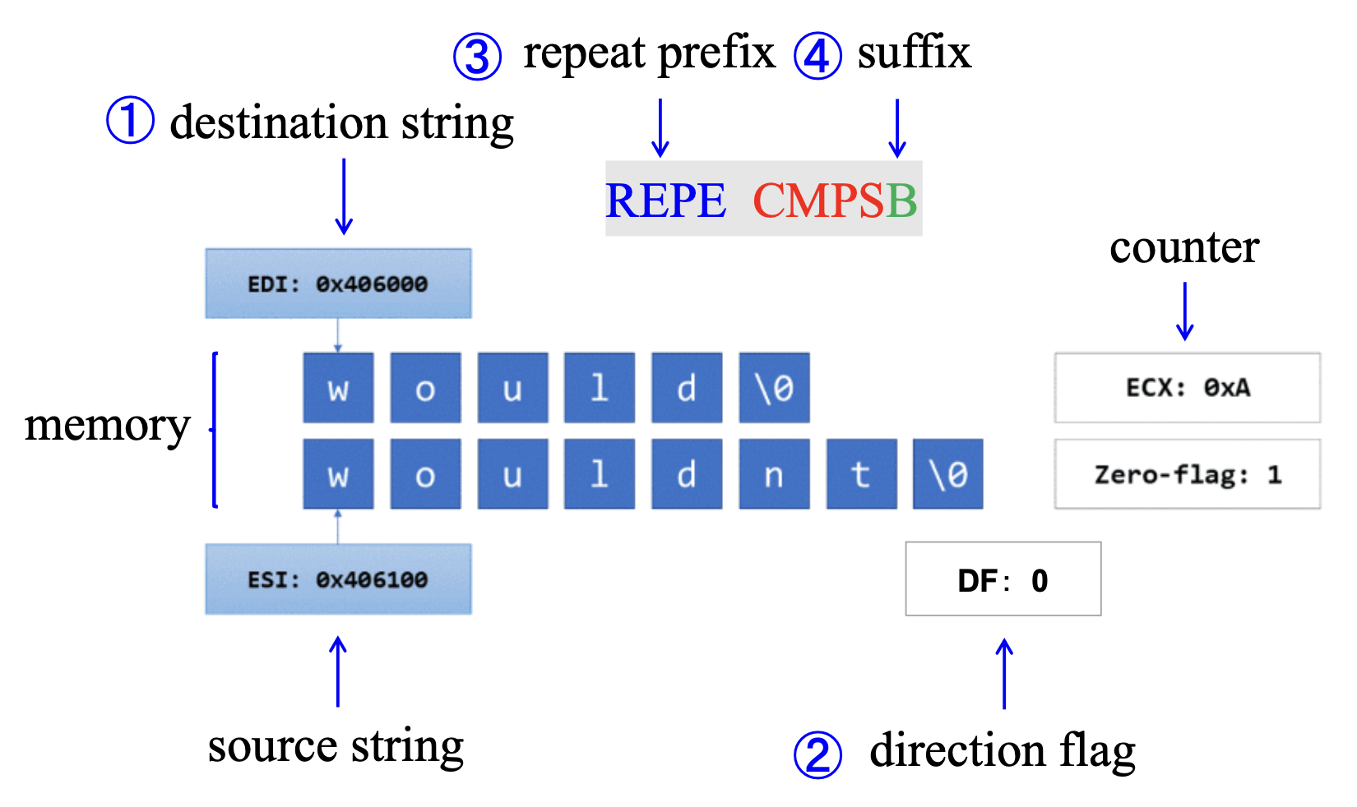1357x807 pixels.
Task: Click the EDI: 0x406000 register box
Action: [x=338, y=284]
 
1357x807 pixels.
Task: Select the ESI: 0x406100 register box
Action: [x=338, y=579]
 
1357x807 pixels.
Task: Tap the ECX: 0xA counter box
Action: [x=1187, y=388]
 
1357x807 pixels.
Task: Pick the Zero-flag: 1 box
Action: [x=1187, y=474]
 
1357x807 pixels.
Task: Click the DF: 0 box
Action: [x=1003, y=579]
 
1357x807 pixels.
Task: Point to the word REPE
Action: [x=665, y=201]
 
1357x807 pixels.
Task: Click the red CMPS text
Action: [x=818, y=201]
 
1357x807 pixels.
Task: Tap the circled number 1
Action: [x=130, y=121]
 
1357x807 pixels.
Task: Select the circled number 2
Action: [x=817, y=754]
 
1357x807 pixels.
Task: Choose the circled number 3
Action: [x=477, y=57]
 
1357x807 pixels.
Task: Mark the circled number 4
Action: [x=817, y=57]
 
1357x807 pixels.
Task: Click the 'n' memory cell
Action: [x=774, y=474]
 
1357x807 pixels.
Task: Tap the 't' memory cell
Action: [x=861, y=474]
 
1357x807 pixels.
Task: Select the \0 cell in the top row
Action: [x=774, y=388]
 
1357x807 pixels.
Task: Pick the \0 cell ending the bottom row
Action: [x=948, y=474]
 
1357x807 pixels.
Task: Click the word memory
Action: [x=107, y=426]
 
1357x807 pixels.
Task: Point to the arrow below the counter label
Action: [x=1184, y=311]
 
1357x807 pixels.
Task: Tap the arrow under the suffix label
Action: [x=897, y=127]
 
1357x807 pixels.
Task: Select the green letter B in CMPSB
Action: [x=901, y=201]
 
